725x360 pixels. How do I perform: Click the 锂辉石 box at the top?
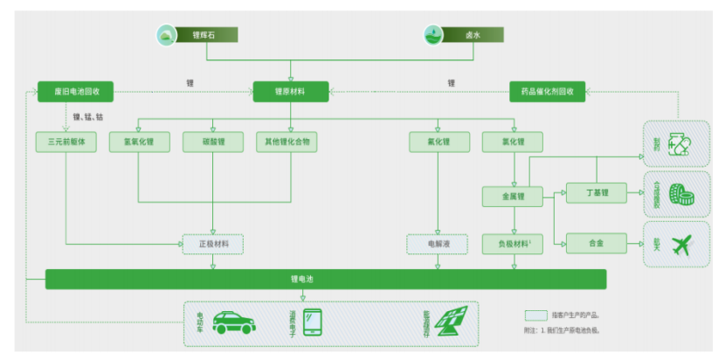click(x=197, y=36)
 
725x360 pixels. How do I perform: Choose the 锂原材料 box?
click(x=291, y=90)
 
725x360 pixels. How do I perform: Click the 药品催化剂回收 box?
click(x=547, y=90)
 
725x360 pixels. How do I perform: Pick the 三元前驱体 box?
click(x=66, y=142)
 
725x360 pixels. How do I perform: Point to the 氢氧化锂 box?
click(x=139, y=142)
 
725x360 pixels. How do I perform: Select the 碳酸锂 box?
click(x=212, y=142)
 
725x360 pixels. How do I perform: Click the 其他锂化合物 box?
click(x=287, y=142)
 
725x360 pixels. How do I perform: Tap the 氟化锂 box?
click(x=437, y=142)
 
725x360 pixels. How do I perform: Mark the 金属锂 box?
click(x=512, y=197)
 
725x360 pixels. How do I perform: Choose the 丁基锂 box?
click(x=597, y=192)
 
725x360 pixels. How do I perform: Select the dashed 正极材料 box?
click(x=212, y=245)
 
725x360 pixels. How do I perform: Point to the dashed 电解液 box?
click(x=437, y=245)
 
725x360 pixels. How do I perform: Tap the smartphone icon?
click(x=313, y=322)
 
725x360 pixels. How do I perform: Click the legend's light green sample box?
click(x=535, y=315)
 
